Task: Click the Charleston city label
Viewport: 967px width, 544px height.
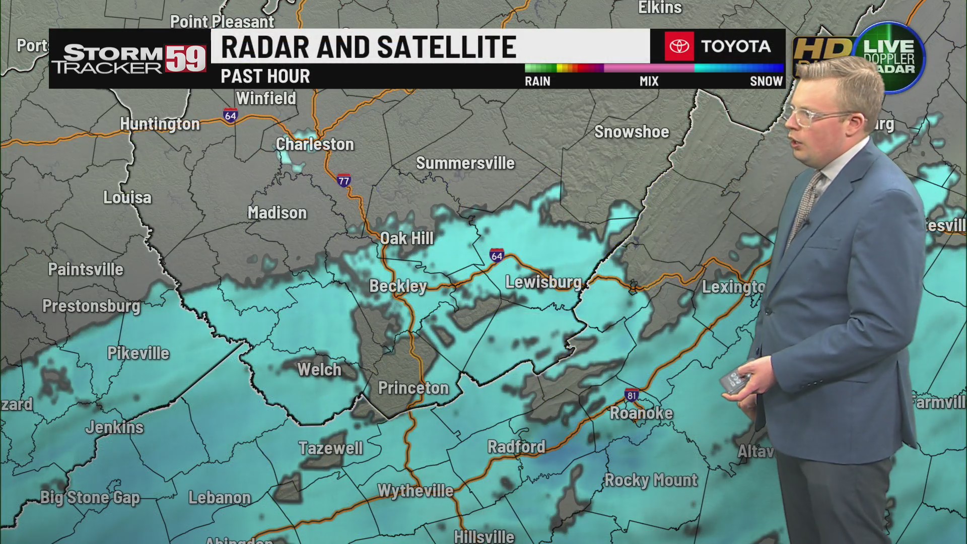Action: pyautogui.click(x=315, y=145)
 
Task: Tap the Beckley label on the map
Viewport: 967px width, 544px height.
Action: pyautogui.click(x=398, y=286)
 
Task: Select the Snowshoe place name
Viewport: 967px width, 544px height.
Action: pyautogui.click(x=632, y=132)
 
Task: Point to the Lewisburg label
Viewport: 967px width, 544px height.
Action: pyautogui.click(x=543, y=282)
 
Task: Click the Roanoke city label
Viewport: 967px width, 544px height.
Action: pyautogui.click(x=641, y=414)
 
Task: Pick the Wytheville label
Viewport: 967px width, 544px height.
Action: pyautogui.click(x=416, y=491)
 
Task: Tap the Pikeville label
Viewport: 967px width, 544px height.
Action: pyautogui.click(x=138, y=354)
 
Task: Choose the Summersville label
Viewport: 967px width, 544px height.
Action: pyautogui.click(x=465, y=163)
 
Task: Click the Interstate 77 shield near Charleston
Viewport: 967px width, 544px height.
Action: pyautogui.click(x=344, y=180)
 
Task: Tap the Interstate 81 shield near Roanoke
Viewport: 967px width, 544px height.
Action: pyautogui.click(x=632, y=395)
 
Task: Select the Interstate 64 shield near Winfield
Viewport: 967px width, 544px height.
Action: pyautogui.click(x=230, y=115)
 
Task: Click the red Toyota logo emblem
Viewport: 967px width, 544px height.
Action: pyautogui.click(x=678, y=46)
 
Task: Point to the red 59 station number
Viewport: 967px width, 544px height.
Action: pyautogui.click(x=186, y=58)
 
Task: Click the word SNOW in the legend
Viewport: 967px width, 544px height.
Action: pyautogui.click(x=766, y=81)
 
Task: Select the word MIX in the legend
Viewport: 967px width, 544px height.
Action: pyautogui.click(x=649, y=81)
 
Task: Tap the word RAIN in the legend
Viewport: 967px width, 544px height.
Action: pyautogui.click(x=537, y=81)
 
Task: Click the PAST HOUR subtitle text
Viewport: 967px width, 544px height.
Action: pyautogui.click(x=265, y=77)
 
